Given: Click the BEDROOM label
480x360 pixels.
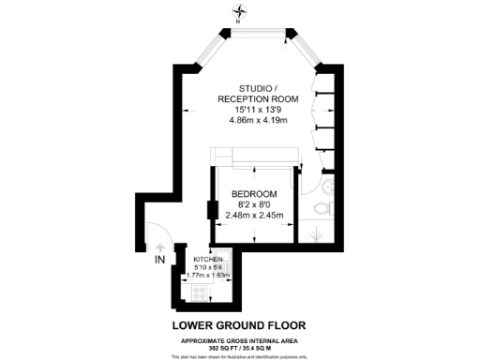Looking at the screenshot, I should tap(255, 195).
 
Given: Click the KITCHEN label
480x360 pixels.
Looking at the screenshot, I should tap(208, 258).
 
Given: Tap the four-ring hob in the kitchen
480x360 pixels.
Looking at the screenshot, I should tap(200, 292).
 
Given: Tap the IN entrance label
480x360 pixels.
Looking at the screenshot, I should tap(159, 259).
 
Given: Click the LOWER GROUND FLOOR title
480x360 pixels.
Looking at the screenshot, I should tap(239, 325).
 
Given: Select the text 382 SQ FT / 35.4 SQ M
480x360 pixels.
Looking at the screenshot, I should tap(240, 346).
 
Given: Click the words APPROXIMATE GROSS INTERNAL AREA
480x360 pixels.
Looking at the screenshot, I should tap(240, 338).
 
